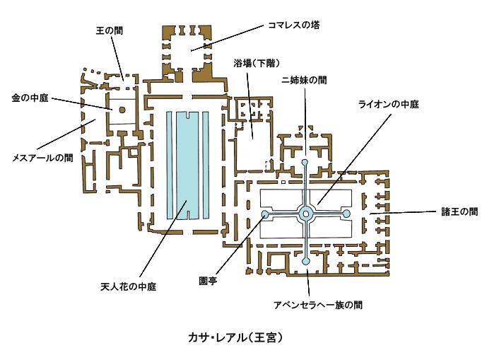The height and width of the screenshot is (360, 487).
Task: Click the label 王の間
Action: (110, 31)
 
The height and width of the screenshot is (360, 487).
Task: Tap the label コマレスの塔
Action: (294, 25)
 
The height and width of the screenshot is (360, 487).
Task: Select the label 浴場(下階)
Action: (257, 64)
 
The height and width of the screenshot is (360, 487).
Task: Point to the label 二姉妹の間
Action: (304, 81)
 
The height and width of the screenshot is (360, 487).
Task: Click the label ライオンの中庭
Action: (389, 104)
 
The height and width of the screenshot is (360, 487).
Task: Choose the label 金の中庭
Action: (30, 98)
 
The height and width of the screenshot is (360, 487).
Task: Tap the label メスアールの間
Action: (42, 158)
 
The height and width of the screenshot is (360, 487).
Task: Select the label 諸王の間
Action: (459, 212)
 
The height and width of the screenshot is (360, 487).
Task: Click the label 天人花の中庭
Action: (128, 286)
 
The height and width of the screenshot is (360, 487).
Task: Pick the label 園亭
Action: (208, 281)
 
